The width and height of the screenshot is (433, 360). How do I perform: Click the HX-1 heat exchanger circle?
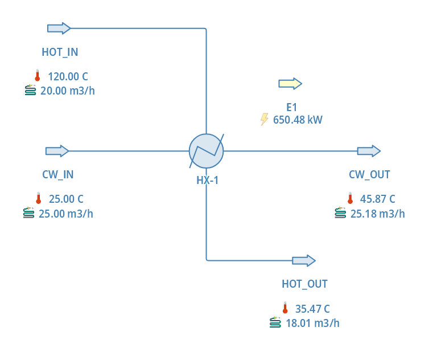pyautogui.click(x=206, y=151)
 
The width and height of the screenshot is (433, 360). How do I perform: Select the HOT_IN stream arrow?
pyautogui.click(x=59, y=28)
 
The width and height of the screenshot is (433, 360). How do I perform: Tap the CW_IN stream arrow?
pyautogui.click(x=57, y=151)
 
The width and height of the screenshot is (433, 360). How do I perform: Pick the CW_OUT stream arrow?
pyautogui.click(x=369, y=151)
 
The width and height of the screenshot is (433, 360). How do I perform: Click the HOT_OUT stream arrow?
pyautogui.click(x=303, y=260)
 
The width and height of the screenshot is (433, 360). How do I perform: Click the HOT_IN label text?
pyautogui.click(x=60, y=52)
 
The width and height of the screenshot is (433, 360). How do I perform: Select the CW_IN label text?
pyautogui.click(x=57, y=174)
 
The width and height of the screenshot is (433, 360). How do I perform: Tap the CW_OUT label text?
pyautogui.click(x=369, y=174)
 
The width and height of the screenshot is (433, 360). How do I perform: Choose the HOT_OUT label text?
pyautogui.click(x=304, y=284)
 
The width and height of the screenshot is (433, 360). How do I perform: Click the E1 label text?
pyautogui.click(x=291, y=107)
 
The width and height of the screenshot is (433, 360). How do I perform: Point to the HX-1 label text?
pyautogui.click(x=207, y=181)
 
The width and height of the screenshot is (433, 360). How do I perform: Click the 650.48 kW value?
pyautogui.click(x=298, y=120)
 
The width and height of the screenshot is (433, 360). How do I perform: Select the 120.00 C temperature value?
pyautogui.click(x=68, y=76)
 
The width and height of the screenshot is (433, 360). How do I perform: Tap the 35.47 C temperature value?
pyautogui.click(x=312, y=309)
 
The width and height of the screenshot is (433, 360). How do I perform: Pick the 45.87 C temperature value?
pyautogui.click(x=377, y=199)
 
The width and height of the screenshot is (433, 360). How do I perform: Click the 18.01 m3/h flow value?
pyautogui.click(x=312, y=323)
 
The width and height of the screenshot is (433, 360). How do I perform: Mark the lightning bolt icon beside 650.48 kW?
pyautogui.click(x=264, y=119)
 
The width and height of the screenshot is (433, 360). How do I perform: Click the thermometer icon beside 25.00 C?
pyautogui.click(x=38, y=198)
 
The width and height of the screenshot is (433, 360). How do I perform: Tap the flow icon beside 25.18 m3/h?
pyautogui.click(x=340, y=213)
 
